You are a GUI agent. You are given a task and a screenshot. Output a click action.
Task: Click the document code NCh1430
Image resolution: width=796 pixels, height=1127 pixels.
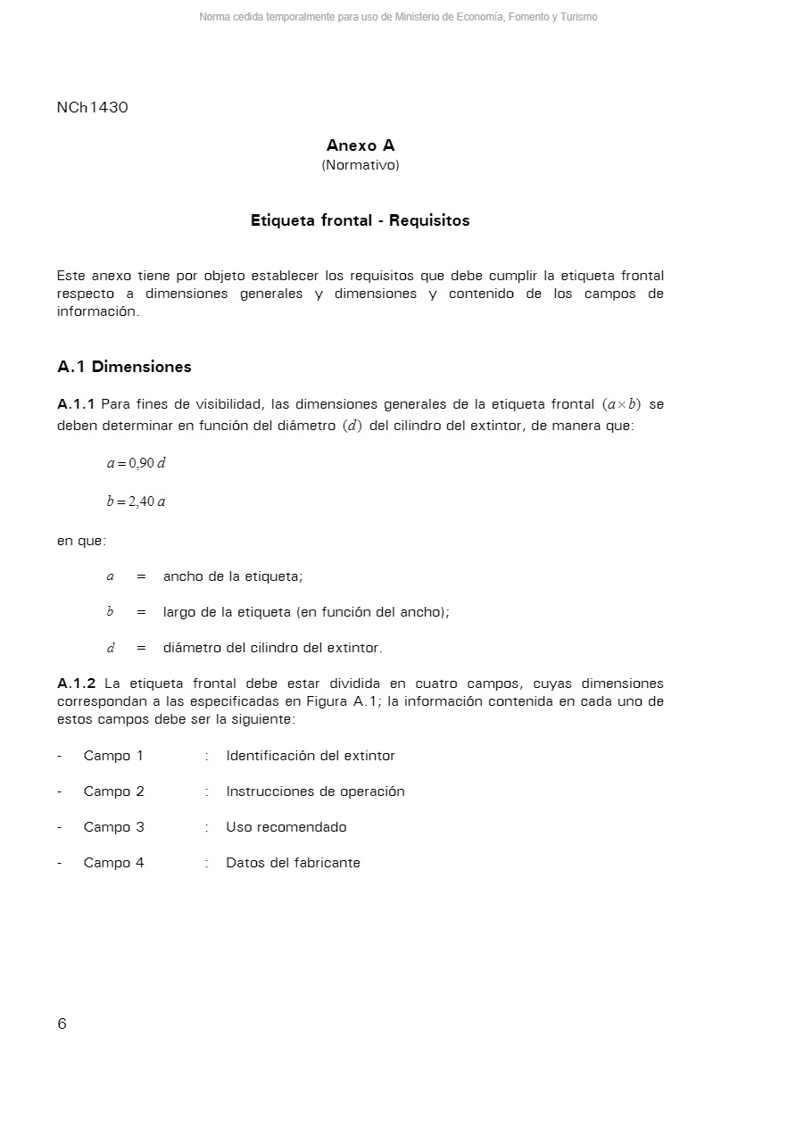tap(92, 108)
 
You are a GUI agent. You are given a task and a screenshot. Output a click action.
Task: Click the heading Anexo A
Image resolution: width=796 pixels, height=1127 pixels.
tap(361, 145)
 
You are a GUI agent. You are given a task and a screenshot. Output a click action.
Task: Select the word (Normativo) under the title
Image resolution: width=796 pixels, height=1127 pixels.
tap(361, 165)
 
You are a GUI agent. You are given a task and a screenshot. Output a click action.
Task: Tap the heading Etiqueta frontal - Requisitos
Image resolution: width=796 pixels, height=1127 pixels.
tap(360, 220)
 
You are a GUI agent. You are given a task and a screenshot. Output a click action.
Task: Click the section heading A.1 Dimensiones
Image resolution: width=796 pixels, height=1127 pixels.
tap(124, 367)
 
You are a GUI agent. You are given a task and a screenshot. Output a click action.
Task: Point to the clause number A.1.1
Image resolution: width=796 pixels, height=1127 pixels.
tap(76, 404)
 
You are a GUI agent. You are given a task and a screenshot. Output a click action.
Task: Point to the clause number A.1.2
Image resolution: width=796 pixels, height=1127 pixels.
tap(76, 684)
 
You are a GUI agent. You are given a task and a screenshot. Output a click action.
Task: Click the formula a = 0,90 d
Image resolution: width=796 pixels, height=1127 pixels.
tap(137, 463)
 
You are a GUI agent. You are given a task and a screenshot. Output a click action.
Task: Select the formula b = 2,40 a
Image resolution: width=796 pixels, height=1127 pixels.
tap(137, 501)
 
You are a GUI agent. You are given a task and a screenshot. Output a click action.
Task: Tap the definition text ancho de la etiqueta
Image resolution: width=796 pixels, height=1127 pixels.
tap(233, 576)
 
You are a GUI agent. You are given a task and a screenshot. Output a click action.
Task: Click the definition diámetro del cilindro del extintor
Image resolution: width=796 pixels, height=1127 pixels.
tap(272, 648)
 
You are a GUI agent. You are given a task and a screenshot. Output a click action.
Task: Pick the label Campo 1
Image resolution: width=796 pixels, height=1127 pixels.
tap(113, 756)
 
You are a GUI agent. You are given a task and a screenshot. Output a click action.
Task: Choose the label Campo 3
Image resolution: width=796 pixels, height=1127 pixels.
tap(113, 827)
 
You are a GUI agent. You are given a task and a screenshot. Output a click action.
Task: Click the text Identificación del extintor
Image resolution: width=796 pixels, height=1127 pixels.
tap(311, 756)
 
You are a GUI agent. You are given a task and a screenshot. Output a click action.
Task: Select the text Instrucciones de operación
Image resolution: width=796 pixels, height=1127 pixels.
tap(315, 791)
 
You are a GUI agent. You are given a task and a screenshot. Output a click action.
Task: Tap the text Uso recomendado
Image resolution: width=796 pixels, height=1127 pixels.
tap(286, 827)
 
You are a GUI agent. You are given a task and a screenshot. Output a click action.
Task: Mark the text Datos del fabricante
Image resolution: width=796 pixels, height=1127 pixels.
tap(293, 863)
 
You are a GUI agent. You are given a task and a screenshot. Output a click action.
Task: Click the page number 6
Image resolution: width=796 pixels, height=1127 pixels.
tap(62, 1023)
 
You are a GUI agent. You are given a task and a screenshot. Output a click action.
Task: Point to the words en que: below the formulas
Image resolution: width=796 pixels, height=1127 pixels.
tap(81, 541)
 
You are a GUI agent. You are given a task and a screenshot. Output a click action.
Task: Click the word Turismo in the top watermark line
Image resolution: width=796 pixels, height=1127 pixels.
tap(578, 17)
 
